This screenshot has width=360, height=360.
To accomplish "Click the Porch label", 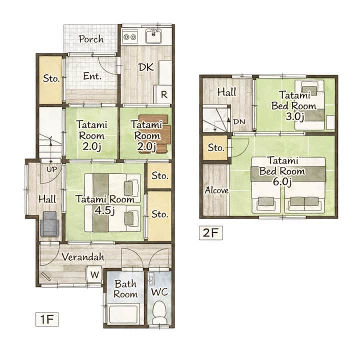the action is click(91, 39).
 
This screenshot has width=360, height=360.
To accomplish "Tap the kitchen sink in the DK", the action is click(153, 36).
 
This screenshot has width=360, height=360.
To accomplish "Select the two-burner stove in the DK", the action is click(130, 36).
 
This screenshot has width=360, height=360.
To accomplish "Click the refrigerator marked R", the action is click(163, 94).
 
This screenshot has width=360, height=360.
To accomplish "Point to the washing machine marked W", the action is click(94, 274).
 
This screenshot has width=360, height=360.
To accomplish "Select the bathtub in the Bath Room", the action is click(124, 313).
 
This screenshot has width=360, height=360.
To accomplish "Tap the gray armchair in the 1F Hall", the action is click(49, 224).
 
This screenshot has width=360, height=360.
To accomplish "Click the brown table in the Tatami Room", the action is click(156, 133).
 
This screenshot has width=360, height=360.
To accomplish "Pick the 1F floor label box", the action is click(47, 319).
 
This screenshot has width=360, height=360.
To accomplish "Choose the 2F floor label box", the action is click(211, 233).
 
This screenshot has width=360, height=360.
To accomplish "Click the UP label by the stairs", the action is click(51, 169).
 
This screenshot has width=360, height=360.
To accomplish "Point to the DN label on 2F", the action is click(239, 121).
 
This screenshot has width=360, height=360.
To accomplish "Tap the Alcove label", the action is click(216, 190).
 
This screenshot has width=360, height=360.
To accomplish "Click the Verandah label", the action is click(83, 257).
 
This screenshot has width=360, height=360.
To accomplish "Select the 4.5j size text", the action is click(104, 210).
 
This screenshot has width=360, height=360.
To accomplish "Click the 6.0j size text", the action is click(282, 182).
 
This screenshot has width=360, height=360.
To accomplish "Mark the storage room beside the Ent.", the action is click(50, 79).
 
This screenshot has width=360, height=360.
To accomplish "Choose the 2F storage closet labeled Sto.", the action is click(215, 147).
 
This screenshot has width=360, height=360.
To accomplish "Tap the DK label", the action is click(146, 67).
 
